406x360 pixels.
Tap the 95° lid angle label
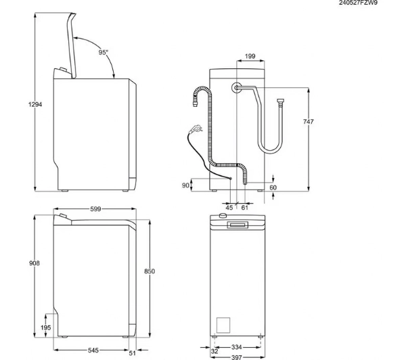tap(103, 52)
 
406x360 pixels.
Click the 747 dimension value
tap(309, 122)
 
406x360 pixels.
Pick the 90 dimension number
tap(185, 185)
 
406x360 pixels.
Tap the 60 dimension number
tap(273, 187)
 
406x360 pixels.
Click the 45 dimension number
tap(229, 207)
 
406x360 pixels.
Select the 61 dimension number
tap(244, 207)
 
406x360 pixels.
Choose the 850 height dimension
tap(150, 271)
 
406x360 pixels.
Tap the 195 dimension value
tap(45, 327)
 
